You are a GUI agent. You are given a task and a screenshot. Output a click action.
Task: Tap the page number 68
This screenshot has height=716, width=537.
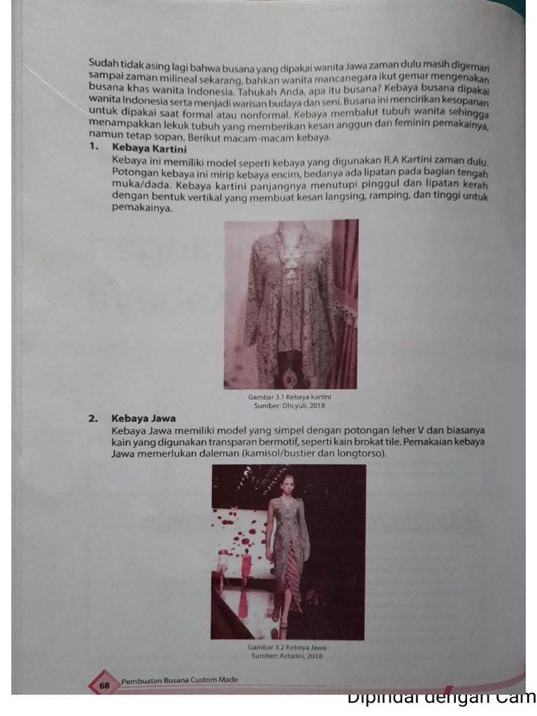104,686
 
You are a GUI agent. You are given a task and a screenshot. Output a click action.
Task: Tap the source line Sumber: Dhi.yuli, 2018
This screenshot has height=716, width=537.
289,406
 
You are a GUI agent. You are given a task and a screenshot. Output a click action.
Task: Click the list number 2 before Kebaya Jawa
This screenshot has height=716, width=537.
92,420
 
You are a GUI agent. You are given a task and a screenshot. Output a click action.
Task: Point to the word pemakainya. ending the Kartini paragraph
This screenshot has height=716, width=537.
141,208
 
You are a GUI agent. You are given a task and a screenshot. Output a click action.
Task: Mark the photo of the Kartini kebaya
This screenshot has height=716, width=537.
291,304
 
